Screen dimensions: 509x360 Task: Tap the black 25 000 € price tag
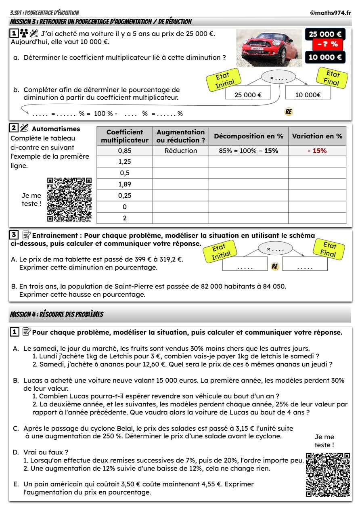(x=325, y=35)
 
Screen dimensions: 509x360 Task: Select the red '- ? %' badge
(x=325, y=44)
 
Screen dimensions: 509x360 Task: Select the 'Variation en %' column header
(x=317, y=136)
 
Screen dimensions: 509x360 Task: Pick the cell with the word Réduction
(x=180, y=151)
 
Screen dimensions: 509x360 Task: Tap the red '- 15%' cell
(x=317, y=151)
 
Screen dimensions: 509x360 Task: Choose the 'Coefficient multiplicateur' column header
(x=124, y=136)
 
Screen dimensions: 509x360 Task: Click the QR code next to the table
(x=69, y=200)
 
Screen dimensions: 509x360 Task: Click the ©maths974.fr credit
(x=331, y=13)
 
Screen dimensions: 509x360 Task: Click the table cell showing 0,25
(x=124, y=196)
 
